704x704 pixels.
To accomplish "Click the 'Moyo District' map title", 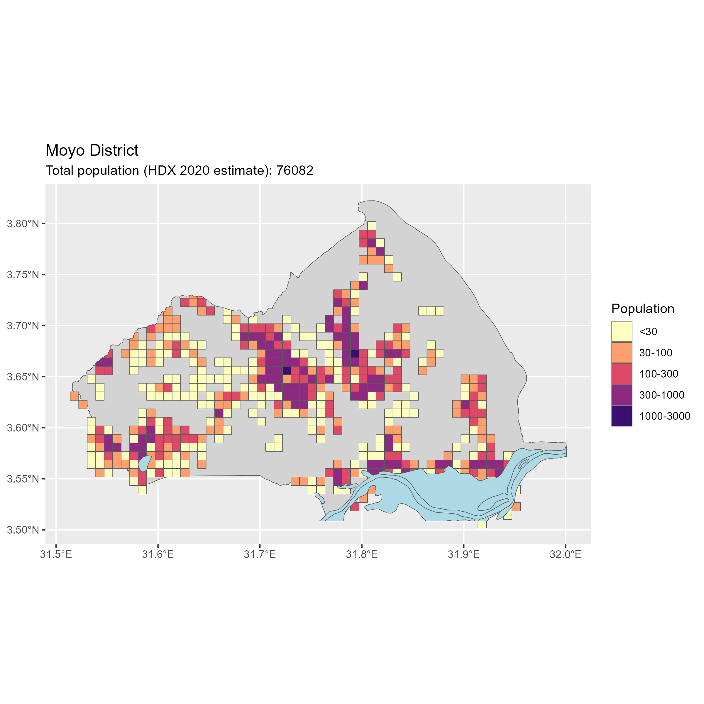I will tap(92, 150).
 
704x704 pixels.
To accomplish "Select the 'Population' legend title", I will tap(642, 309).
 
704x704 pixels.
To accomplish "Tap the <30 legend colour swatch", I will tap(622, 331).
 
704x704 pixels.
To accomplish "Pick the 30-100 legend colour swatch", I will tap(622, 352).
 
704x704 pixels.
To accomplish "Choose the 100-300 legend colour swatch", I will tap(622, 373).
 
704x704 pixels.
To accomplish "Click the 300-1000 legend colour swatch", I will tap(622, 395).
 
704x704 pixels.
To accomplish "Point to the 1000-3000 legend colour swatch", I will tap(622, 416).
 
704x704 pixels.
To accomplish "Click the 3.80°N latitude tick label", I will tap(23, 224).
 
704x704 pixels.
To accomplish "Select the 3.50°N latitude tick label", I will tap(23, 530).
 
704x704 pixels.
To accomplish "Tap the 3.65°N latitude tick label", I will tap(23, 377).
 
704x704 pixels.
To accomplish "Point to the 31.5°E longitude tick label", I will tap(56, 555).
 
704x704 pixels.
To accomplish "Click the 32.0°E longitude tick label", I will tap(566, 555).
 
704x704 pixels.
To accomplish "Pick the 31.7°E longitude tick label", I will tap(260, 555).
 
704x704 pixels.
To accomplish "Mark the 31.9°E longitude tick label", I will tap(463, 555).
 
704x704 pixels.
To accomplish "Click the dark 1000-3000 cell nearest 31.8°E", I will tap(355, 353).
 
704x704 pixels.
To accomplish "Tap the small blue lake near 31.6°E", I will tap(144, 463).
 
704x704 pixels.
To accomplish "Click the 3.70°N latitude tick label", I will tap(23, 326).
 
